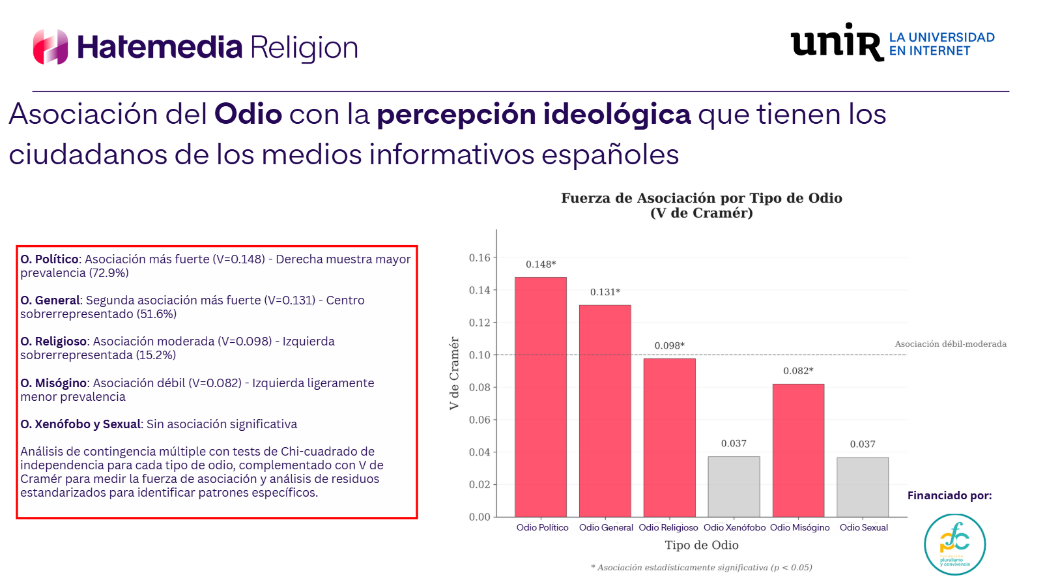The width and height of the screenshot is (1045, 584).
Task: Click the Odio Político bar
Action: point(541,397)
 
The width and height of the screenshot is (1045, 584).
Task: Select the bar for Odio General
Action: point(605,411)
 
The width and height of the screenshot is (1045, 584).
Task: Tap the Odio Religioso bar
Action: point(669,437)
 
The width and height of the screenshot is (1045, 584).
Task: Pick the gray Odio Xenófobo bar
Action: point(734,486)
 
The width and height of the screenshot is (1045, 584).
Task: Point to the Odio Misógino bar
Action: point(798,450)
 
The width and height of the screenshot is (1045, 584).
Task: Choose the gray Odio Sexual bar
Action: point(863,487)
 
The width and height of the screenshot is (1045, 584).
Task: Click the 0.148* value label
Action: point(541,264)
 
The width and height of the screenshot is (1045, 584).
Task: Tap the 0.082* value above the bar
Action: point(798,371)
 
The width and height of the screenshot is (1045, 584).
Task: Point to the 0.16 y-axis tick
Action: point(480,257)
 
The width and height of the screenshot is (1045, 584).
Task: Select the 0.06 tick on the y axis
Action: point(480,420)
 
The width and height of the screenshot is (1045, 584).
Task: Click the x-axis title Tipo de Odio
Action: point(702,545)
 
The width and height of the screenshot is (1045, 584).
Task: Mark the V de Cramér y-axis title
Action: point(454,373)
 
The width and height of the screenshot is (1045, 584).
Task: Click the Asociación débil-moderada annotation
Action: point(951,343)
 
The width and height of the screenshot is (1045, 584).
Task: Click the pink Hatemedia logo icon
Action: point(51,47)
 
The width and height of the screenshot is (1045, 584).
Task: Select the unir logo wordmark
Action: point(837,42)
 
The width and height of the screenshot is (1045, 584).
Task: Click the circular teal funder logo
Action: point(954,544)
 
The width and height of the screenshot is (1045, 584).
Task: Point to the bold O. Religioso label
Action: point(53,341)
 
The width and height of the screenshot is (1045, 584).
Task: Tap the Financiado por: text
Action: point(949,495)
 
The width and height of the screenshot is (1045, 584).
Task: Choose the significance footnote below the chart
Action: point(702,567)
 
